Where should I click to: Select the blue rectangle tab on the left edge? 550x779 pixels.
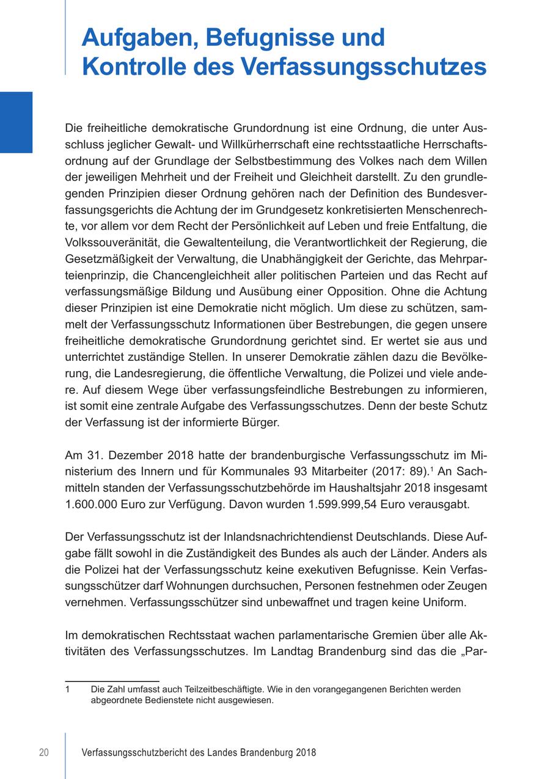coord(16,122)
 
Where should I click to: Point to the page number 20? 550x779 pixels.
coord(44,753)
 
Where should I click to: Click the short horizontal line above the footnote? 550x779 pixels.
coord(112,681)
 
